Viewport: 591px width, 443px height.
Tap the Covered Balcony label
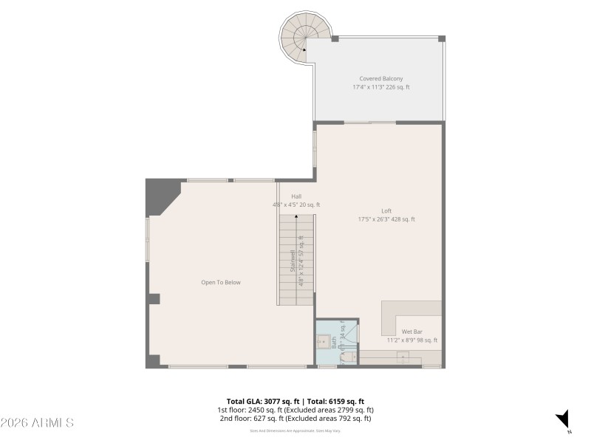(380, 78)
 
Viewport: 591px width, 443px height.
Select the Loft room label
(386, 210)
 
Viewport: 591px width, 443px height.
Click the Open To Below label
(221, 282)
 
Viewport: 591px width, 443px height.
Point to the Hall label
(295, 196)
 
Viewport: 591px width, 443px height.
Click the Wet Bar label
(412, 332)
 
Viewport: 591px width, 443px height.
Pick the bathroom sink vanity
(324, 342)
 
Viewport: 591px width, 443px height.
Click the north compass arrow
(563, 418)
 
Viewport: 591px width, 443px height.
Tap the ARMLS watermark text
(37, 423)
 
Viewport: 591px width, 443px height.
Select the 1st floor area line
(295, 410)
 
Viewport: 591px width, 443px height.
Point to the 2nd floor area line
(295, 419)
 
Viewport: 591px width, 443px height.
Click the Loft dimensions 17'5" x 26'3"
(386, 219)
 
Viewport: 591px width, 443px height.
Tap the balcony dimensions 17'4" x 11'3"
(380, 87)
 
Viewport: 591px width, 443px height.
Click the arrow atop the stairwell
(296, 217)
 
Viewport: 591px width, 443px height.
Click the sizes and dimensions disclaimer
(295, 430)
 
